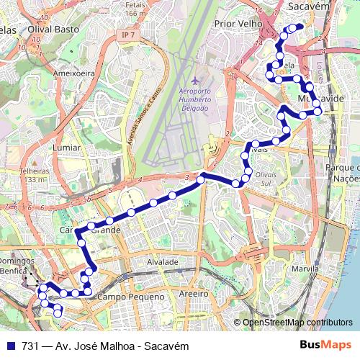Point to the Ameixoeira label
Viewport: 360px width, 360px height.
click(74, 73)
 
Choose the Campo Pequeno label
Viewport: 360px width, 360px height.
click(127, 296)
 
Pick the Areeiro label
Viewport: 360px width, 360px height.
click(194, 294)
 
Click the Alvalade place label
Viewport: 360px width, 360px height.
click(162, 263)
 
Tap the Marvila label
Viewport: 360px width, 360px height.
click(305, 269)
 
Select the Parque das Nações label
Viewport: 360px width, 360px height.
click(342, 173)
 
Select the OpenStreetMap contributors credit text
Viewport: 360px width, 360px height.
click(297, 323)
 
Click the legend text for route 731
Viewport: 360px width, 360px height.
click(105, 346)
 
